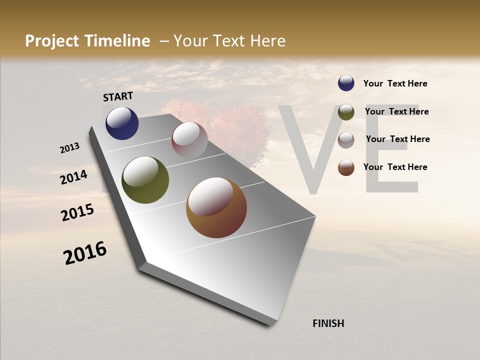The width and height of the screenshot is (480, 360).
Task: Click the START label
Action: coord(118,96)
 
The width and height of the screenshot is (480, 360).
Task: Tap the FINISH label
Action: coord(328,323)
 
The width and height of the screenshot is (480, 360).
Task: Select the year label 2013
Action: coord(69,148)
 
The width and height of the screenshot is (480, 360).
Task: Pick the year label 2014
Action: coord(73,177)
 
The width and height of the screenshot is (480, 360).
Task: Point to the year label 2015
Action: coord(77,212)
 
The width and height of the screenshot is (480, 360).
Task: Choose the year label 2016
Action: coord(85,253)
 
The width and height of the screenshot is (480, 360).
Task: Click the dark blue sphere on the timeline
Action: coord(122,123)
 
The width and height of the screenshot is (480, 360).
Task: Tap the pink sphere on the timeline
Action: coord(189,140)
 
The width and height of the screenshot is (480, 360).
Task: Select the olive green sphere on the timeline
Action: coord(145,180)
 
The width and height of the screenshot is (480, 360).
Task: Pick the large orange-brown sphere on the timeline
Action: coord(216,207)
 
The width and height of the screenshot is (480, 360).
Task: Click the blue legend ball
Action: coord(346,83)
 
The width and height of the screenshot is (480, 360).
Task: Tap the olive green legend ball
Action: coord(346,112)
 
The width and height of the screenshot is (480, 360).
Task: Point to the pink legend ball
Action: coord(346,140)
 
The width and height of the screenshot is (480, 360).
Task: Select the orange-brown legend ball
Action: coord(346,167)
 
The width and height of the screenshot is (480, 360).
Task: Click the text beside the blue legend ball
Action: coord(395,83)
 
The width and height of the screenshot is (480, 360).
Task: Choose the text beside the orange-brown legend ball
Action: coord(395,167)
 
